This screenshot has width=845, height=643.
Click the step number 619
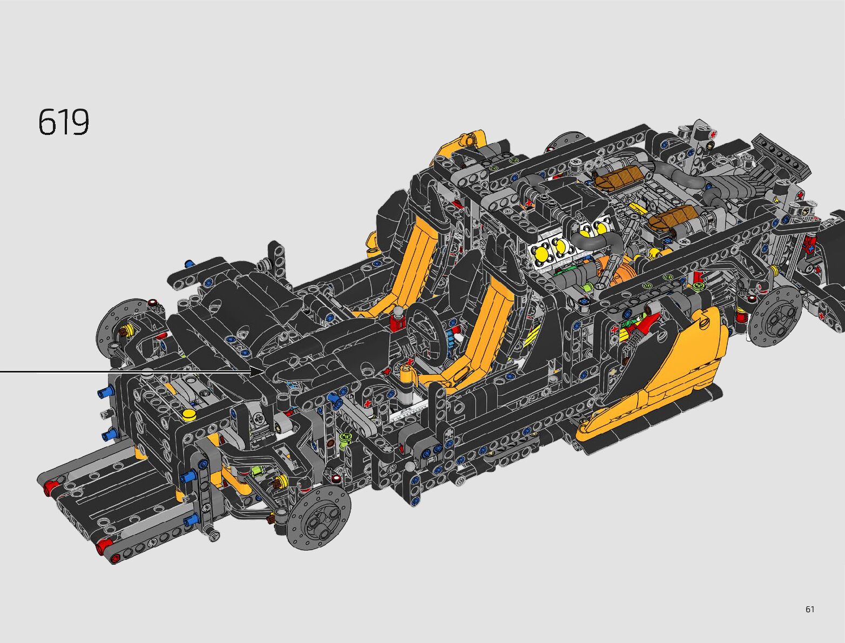(64, 122)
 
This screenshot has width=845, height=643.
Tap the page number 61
(809, 609)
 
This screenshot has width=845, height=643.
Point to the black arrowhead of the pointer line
(257, 372)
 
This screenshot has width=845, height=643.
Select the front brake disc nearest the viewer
(319, 517)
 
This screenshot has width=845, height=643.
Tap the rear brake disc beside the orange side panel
(775, 315)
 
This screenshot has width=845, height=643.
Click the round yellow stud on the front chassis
(189, 414)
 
